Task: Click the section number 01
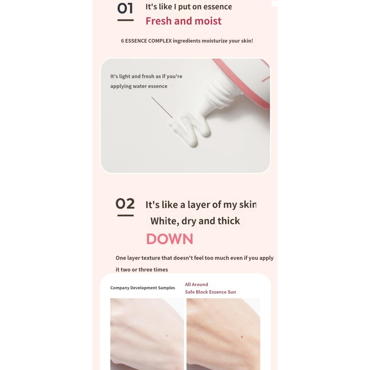(125, 8)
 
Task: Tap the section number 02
(125, 203)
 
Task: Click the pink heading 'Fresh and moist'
(183, 21)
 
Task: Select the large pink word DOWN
(170, 239)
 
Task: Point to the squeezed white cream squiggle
(190, 128)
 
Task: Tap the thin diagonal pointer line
(162, 107)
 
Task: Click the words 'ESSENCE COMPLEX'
(148, 41)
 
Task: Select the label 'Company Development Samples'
(142, 288)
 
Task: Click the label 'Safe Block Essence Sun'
(210, 292)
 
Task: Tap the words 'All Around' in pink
(196, 285)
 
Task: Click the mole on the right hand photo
(242, 337)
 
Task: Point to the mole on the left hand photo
(167, 336)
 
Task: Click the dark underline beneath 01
(125, 20)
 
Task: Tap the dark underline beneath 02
(125, 215)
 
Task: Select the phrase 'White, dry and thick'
(195, 221)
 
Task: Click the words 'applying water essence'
(139, 86)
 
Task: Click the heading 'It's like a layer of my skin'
(201, 205)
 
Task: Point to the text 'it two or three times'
(142, 270)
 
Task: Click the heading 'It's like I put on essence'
(189, 7)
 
